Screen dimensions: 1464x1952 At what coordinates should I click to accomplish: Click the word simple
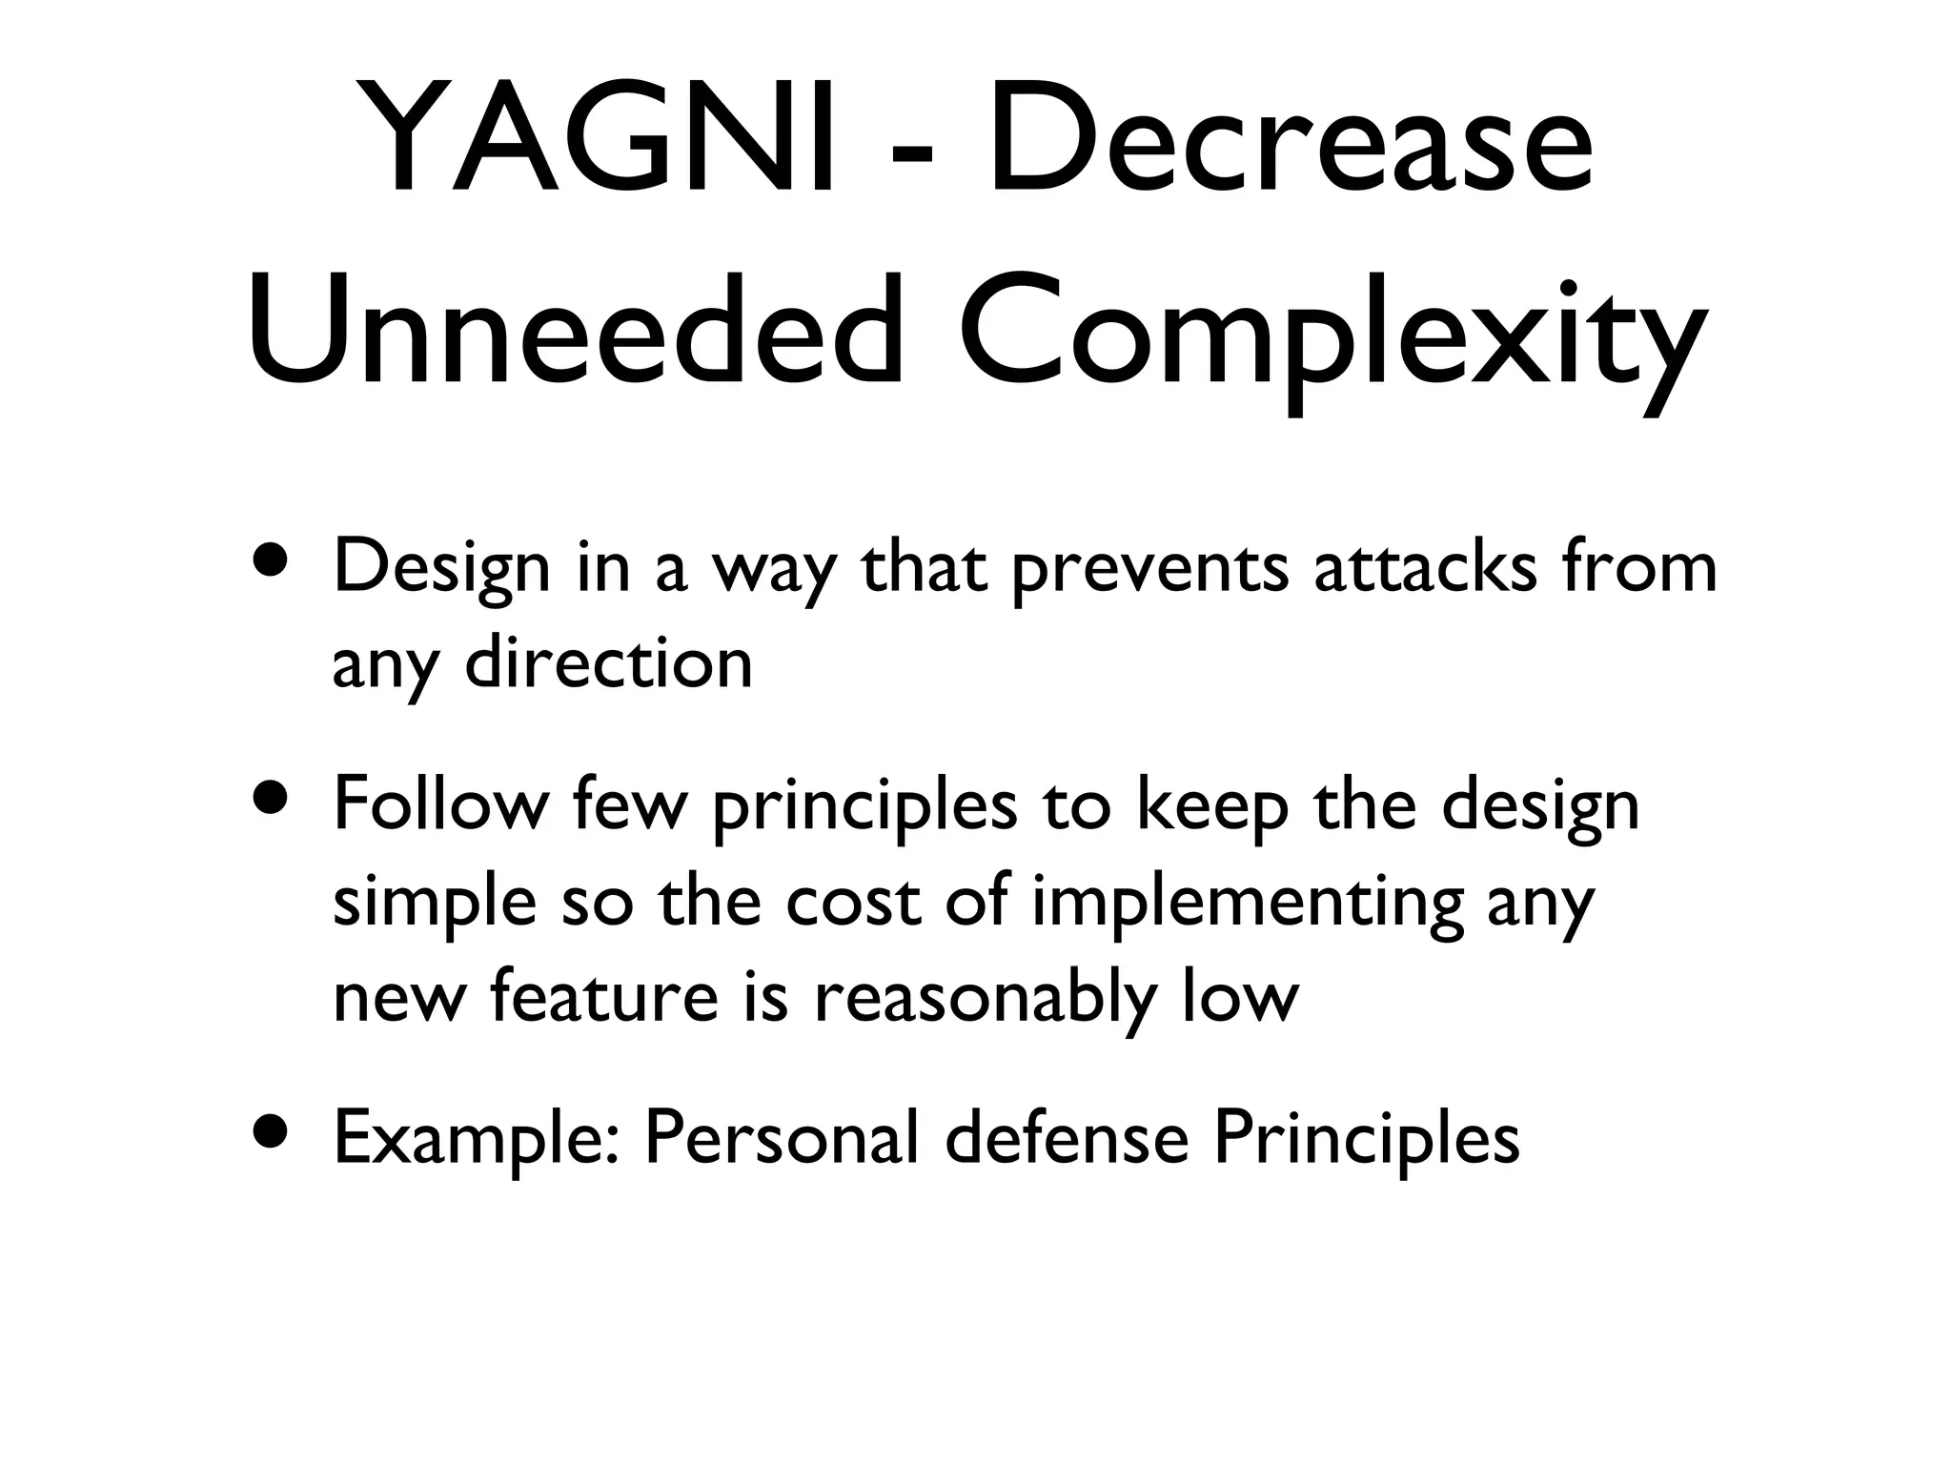435,904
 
